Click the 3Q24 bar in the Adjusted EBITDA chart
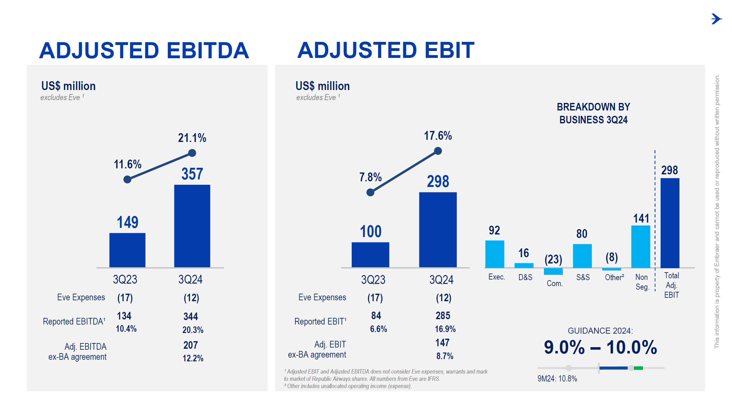[x=192, y=226]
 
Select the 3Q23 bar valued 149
[x=127, y=250]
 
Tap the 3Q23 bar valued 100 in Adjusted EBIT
[x=370, y=255]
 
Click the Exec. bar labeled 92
[x=495, y=254]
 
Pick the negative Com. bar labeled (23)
[x=553, y=271]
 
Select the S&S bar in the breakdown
[x=582, y=256]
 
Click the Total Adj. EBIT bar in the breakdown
[x=670, y=223]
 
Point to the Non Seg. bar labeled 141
[x=640, y=246]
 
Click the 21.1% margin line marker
[x=192, y=153]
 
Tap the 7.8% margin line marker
[x=370, y=192]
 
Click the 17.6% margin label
[x=438, y=136]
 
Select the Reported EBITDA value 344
[x=191, y=316]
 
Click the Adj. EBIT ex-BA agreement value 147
[x=442, y=342]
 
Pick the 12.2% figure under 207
[x=193, y=358]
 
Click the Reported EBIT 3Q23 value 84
[x=376, y=315]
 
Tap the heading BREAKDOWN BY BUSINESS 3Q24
[x=593, y=113]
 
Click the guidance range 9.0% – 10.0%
[x=600, y=347]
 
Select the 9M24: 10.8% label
[x=557, y=379]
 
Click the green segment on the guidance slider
[x=638, y=368]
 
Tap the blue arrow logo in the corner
[x=716, y=19]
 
